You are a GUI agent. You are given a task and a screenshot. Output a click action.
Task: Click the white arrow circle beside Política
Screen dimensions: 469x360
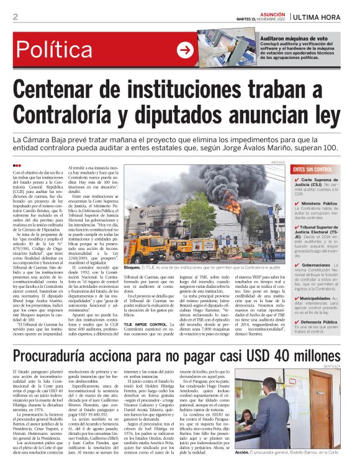point(185,50)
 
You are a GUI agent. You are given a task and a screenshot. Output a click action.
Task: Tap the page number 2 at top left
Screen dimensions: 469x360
point(14,16)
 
